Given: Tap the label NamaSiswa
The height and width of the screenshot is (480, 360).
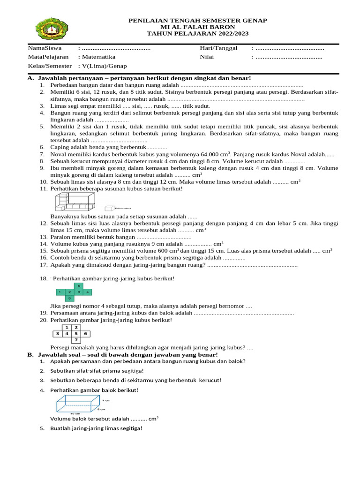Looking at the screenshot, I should (x=43, y=48).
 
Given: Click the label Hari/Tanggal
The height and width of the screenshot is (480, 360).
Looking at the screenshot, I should (x=218, y=48).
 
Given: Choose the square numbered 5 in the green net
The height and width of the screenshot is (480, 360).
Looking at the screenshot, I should (x=79, y=286).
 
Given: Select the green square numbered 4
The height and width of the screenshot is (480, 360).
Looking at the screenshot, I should (x=88, y=292).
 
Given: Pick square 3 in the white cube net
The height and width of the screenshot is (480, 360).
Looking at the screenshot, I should (x=57, y=334).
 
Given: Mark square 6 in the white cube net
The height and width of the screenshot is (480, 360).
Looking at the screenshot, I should (x=85, y=334).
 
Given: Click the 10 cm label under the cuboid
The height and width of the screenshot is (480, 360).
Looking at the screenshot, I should (x=75, y=413).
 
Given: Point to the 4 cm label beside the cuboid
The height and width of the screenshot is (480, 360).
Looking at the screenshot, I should (x=106, y=400).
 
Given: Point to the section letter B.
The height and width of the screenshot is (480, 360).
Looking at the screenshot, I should (x=30, y=355).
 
